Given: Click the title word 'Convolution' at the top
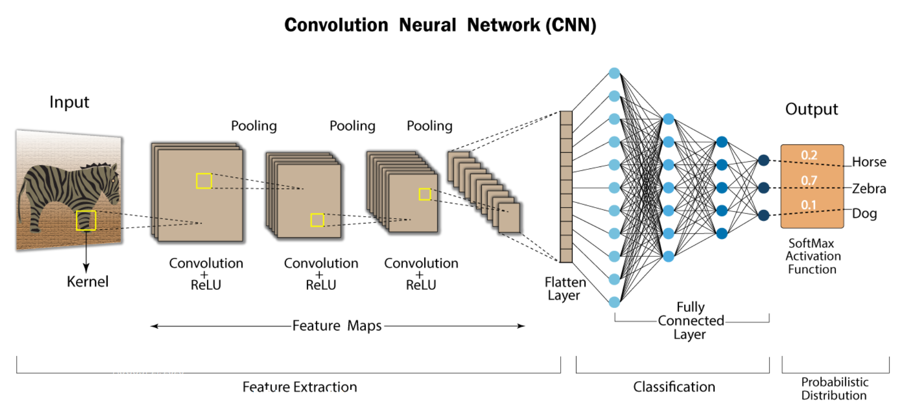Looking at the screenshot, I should [336, 25].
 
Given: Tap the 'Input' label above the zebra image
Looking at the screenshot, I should [69, 102].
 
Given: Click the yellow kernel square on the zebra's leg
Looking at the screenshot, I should [86, 221].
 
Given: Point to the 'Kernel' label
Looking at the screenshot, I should [87, 282].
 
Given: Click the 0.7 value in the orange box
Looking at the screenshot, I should [809, 181].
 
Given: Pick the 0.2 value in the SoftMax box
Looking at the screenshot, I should [809, 155].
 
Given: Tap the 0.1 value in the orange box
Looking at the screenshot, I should [808, 205].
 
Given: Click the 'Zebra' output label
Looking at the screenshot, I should [869, 189].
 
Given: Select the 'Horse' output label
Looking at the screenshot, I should [869, 162].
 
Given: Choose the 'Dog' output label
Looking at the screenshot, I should [864, 213].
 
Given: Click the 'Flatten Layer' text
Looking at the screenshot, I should [565, 288].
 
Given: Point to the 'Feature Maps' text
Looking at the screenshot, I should [337, 326].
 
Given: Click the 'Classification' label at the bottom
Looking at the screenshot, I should [674, 387].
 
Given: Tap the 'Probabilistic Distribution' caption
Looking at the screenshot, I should [834, 389].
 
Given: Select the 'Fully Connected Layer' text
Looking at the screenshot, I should [690, 320].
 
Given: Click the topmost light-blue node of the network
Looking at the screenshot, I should [614, 73].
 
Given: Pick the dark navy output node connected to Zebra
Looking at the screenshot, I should [763, 187].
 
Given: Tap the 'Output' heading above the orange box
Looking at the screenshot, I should [811, 110].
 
